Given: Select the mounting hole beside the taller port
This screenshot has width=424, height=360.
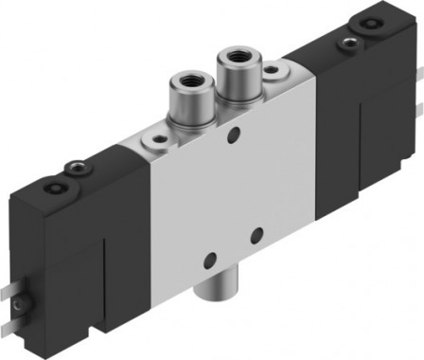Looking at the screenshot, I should pos(272,70).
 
